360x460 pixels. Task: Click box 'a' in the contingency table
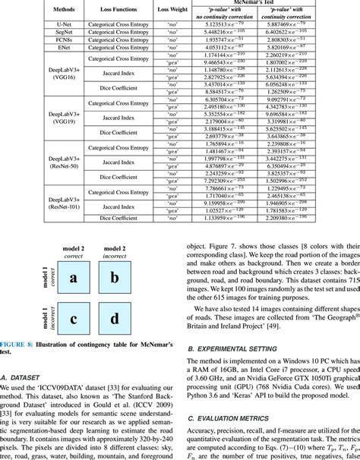[74, 279]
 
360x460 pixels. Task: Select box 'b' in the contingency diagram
[115, 279]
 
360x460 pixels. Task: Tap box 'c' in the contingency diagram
[74, 318]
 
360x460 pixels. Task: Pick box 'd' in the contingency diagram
[115, 318]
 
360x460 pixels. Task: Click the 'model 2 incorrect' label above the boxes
[115, 252]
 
